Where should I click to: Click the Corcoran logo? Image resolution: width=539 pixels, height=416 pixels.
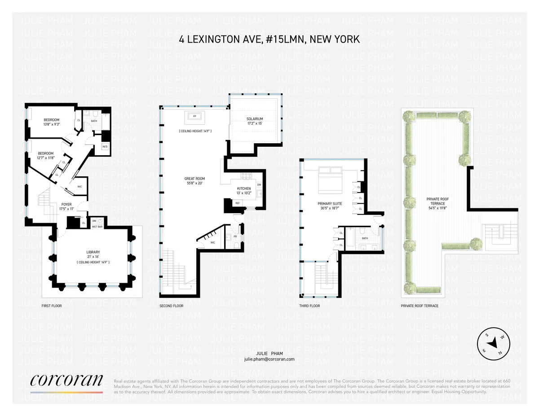coord(66,381)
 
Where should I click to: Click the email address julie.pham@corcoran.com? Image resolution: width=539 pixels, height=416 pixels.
coord(269,359)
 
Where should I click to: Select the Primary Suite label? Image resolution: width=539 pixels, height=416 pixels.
coord(330,204)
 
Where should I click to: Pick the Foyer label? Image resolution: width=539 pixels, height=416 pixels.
coord(66,204)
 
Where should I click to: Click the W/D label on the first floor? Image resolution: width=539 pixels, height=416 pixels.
coord(105,147)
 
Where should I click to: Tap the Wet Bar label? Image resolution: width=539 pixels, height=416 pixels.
coord(97,227)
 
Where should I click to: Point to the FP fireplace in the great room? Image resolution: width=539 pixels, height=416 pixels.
coord(195,116)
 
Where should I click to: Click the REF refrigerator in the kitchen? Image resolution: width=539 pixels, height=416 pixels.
coord(238,203)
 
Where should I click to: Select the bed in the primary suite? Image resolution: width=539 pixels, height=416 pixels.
coord(330,176)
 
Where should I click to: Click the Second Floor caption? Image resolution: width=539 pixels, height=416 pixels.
coord(171,306)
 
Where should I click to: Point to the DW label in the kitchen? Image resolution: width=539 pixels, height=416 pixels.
coord(259,185)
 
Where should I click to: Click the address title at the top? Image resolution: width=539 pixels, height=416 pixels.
coord(269,39)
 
